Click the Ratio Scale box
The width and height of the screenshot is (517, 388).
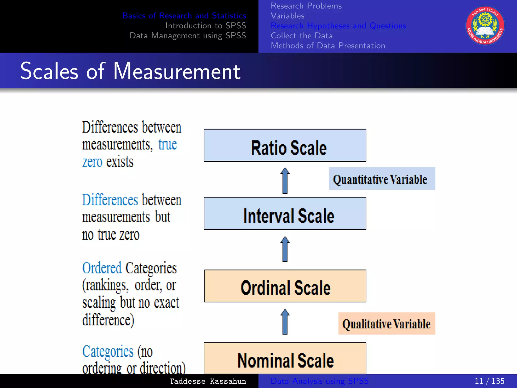285,145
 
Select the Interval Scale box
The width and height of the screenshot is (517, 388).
285,213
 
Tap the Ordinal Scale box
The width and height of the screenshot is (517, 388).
285,286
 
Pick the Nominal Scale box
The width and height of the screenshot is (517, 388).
285,358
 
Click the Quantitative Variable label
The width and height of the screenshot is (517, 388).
382,179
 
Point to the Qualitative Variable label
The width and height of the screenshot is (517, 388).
386,324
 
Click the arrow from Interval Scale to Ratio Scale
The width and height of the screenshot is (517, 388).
285,180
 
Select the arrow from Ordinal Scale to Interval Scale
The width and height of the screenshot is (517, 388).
285,249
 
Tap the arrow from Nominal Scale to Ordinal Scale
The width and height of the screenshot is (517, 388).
285,322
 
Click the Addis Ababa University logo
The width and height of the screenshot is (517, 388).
485,26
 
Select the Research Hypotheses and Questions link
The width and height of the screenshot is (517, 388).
338,26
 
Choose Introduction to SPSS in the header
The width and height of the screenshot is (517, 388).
205,26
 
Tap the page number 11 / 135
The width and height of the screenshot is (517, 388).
489,381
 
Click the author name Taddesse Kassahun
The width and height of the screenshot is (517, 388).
208,381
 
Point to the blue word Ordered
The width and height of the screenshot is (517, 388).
102,268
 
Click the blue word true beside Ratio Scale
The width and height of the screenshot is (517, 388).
168,144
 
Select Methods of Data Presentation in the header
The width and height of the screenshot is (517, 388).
328,46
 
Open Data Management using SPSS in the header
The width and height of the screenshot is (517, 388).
188,36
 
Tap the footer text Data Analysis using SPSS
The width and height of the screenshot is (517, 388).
319,381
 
